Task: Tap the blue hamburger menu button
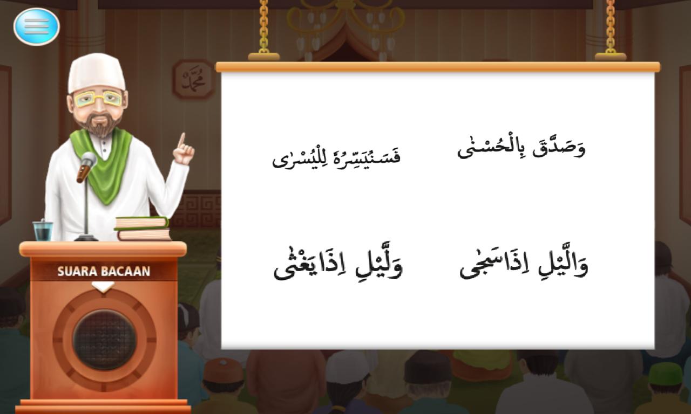pyautogui.click(x=36, y=26)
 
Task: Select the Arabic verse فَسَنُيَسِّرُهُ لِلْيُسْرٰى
pyautogui.click(x=336, y=157)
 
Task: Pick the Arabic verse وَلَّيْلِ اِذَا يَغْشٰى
pyautogui.click(x=338, y=264)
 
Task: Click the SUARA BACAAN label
pyautogui.click(x=104, y=271)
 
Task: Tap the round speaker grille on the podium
pyautogui.click(x=104, y=340)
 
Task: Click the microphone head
pyautogui.click(x=89, y=160)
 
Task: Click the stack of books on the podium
pyautogui.click(x=143, y=229)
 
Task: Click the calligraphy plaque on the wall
pyautogui.click(x=194, y=79)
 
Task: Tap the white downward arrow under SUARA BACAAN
pyautogui.click(x=103, y=287)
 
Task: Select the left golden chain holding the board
pyautogui.click(x=264, y=27)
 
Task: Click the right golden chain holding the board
pyautogui.click(x=611, y=27)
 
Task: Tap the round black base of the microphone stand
pyautogui.click(x=86, y=238)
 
